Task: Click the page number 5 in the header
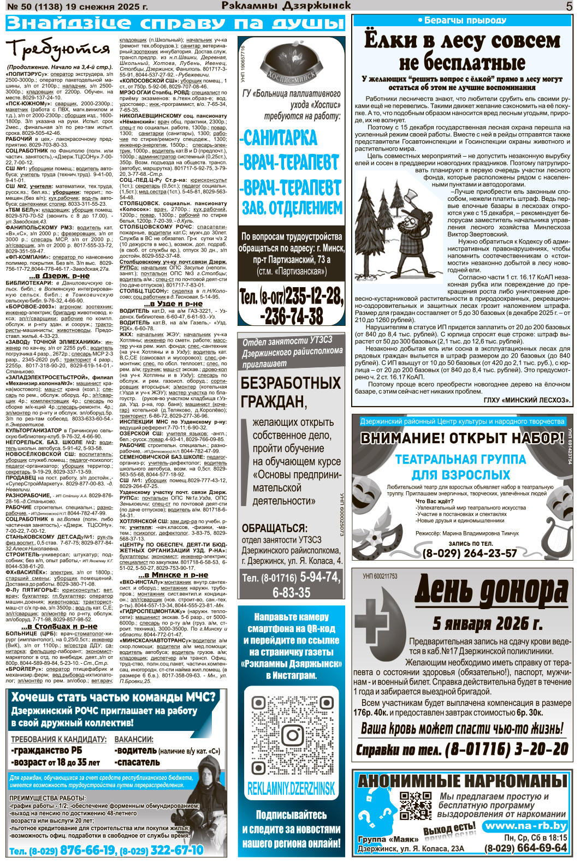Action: [x=569, y=7]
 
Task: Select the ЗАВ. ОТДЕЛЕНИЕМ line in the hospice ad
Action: [x=292, y=208]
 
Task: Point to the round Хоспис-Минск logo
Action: [x=292, y=66]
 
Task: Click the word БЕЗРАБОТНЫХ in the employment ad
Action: [x=291, y=383]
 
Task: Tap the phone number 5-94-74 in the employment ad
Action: [x=312, y=577]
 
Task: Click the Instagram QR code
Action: [x=292, y=731]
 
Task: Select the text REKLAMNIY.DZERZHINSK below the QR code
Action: [x=291, y=788]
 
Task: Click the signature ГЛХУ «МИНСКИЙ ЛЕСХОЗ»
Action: [x=526, y=400]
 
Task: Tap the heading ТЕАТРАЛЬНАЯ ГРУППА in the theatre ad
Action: [x=460, y=460]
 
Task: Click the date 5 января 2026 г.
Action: [x=487, y=623]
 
